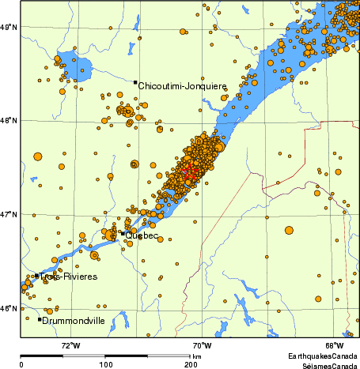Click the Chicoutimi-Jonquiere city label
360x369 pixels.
pyautogui.click(x=183, y=86)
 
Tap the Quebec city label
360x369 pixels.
pyautogui.click(x=142, y=235)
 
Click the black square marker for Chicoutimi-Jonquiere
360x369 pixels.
pyautogui.click(x=136, y=82)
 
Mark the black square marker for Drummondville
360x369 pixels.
pyautogui.click(x=40, y=319)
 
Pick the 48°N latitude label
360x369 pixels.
pyautogui.click(x=9, y=121)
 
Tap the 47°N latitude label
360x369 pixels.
pyautogui.click(x=9, y=214)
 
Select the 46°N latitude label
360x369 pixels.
pyautogui.click(x=9, y=308)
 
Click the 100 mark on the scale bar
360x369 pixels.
pyautogui.click(x=105, y=365)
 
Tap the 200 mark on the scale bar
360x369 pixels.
pyautogui.click(x=191, y=365)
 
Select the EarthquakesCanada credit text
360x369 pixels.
pyautogui.click(x=320, y=357)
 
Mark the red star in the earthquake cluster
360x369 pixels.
pyautogui.click(x=188, y=171)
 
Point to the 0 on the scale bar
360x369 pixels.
pyautogui.click(x=21, y=365)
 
